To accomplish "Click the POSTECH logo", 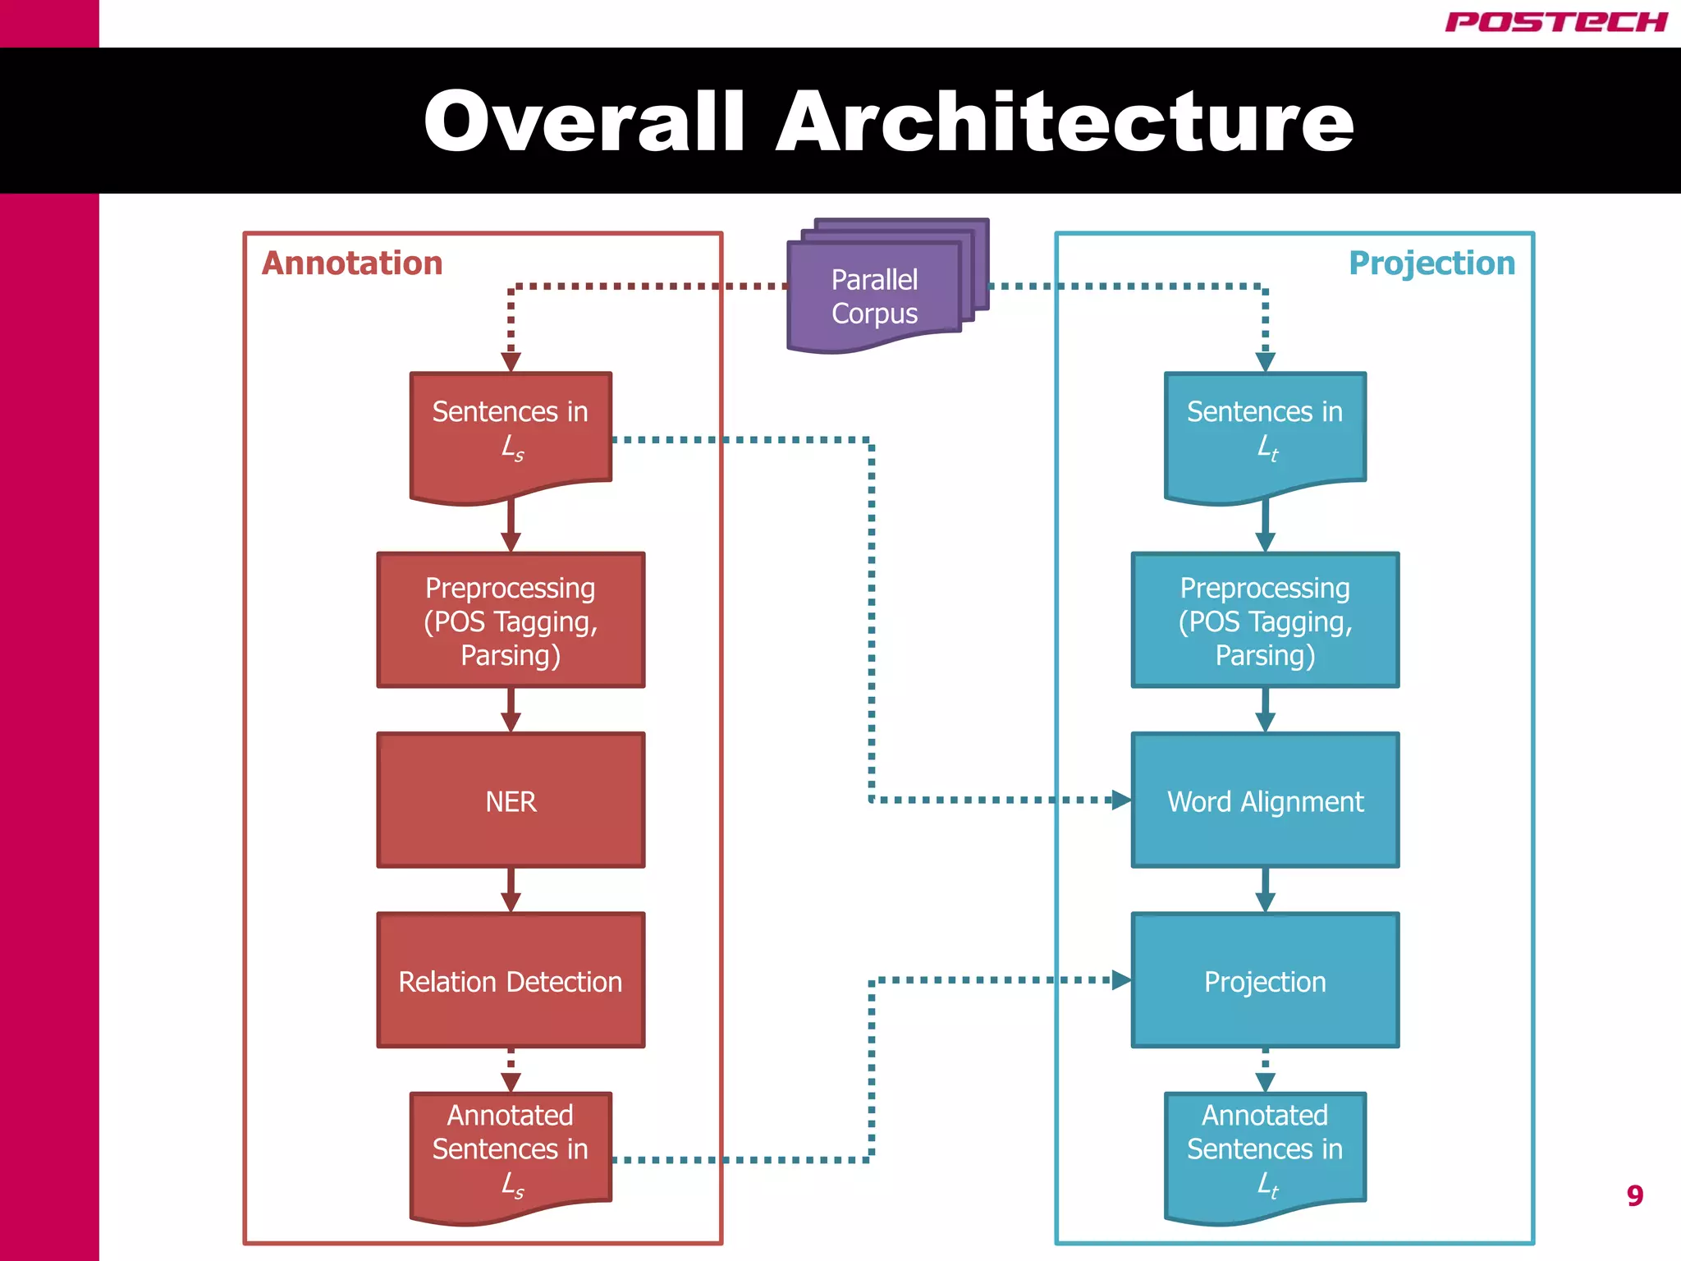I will pyautogui.click(x=1555, y=22).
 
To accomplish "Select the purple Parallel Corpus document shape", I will pyautogui.click(x=875, y=296).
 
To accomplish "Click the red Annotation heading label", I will pyautogui.click(x=352, y=264).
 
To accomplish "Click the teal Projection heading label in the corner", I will pyautogui.click(x=1431, y=264).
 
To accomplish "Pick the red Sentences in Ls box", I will pyautogui.click(x=511, y=431).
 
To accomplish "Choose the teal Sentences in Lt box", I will pyautogui.click(x=1265, y=431).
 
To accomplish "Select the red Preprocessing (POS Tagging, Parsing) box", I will pyautogui.click(x=511, y=621).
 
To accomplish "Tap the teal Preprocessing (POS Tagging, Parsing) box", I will pyautogui.click(x=1265, y=621).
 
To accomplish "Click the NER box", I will pyautogui.click(x=511, y=800).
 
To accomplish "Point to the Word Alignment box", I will pyautogui.click(x=1265, y=800).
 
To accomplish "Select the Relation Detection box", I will pyautogui.click(x=511, y=981).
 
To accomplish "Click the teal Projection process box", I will pyautogui.click(x=1265, y=981).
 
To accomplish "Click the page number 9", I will pyautogui.click(x=1634, y=1195).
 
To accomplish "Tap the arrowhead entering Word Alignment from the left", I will pyautogui.click(x=1120, y=800).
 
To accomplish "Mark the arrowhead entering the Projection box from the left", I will pyautogui.click(x=1120, y=979).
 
